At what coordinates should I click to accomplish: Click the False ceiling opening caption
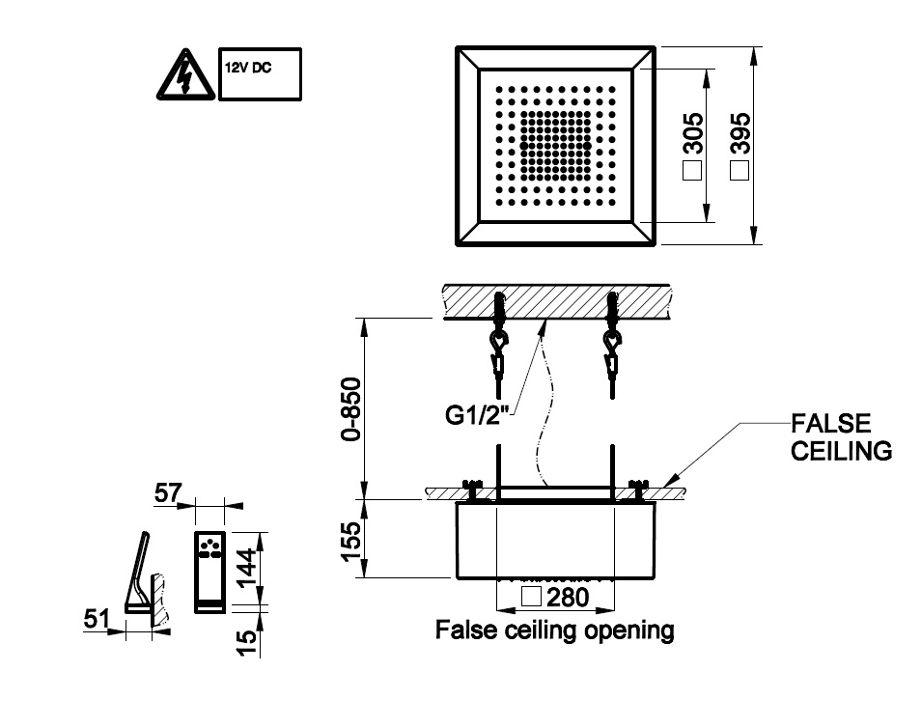pos(554,631)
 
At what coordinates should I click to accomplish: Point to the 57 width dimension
pos(168,494)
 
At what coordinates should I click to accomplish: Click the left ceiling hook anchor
pos(498,343)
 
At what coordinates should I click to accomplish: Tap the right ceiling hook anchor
pos(611,343)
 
